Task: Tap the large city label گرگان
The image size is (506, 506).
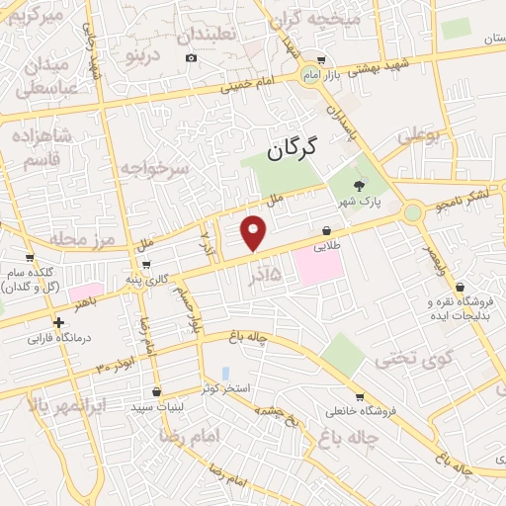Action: (293, 149)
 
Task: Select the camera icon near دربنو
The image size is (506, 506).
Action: (191, 57)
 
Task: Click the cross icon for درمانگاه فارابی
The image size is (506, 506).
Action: (59, 322)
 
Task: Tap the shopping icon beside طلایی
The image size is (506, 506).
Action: (326, 230)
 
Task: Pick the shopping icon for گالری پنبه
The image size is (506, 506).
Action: (146, 265)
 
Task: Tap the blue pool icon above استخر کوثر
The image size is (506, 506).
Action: (226, 374)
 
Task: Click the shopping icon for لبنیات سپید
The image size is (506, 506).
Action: (146, 406)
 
